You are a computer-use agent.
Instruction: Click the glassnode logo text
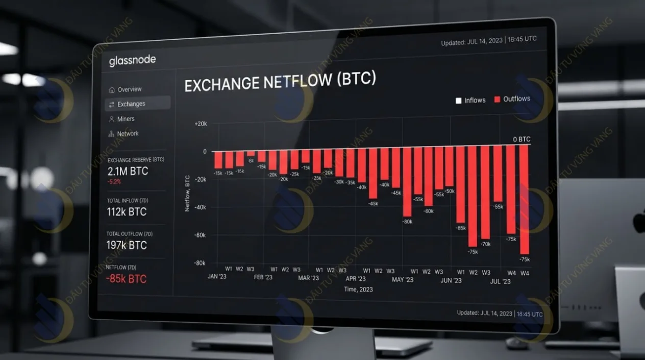click(132, 61)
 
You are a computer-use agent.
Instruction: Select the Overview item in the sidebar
click(129, 89)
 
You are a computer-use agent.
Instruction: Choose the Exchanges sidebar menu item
click(131, 104)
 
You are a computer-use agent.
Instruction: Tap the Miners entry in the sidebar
click(126, 119)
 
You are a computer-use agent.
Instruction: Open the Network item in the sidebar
click(128, 134)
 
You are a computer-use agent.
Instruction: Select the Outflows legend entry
click(516, 99)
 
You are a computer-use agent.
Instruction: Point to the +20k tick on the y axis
click(200, 124)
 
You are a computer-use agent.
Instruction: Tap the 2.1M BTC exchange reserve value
click(128, 171)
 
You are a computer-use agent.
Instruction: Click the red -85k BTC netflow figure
click(126, 279)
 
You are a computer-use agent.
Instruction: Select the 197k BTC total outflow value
click(126, 245)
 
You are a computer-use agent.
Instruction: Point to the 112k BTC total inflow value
click(126, 211)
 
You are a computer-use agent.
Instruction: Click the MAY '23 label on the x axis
click(403, 280)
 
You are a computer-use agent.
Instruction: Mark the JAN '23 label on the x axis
click(217, 277)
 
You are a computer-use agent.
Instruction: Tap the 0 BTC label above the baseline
click(522, 139)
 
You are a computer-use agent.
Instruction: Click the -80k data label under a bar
click(407, 222)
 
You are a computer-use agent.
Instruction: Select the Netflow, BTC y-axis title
click(187, 194)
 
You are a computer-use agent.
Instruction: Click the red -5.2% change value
click(114, 182)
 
